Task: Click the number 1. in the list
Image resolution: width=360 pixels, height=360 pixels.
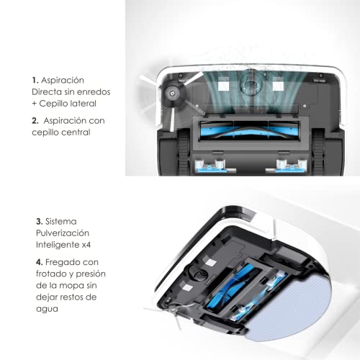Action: [35, 81]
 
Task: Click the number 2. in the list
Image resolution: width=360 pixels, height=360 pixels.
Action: [35, 121]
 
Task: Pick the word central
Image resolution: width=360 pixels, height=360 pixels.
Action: [76, 133]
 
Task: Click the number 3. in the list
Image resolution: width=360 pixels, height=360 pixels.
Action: [38, 222]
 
